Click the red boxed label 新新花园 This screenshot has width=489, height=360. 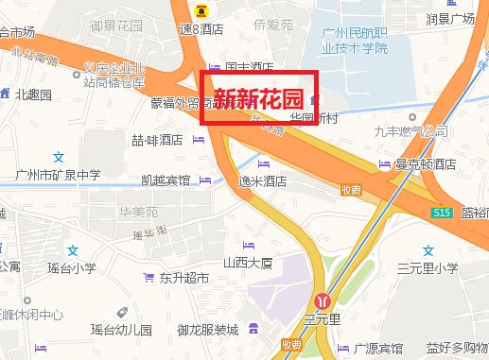(x=257, y=96)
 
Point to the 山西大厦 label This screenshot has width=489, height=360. (x=248, y=262)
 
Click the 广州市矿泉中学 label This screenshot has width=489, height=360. (x=58, y=175)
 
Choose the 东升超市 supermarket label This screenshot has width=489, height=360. (x=183, y=278)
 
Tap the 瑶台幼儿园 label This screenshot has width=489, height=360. (x=121, y=330)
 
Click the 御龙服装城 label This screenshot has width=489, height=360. (x=207, y=330)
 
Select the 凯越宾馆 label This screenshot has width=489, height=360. (x=165, y=180)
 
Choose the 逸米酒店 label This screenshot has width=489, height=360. (x=262, y=180)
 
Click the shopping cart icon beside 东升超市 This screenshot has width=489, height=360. (x=148, y=278)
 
